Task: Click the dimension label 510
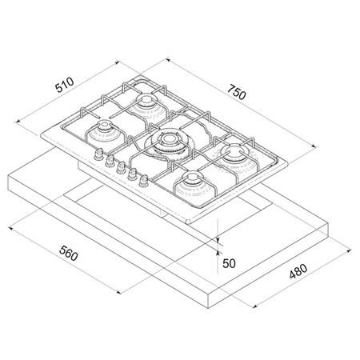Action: coord(64,85)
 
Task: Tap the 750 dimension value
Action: coord(237,92)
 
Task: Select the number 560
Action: coord(69,253)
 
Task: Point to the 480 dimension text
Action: coord(298,271)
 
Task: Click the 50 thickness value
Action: coord(229,263)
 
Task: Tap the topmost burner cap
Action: coord(146,101)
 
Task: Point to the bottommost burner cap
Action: coord(192,179)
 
